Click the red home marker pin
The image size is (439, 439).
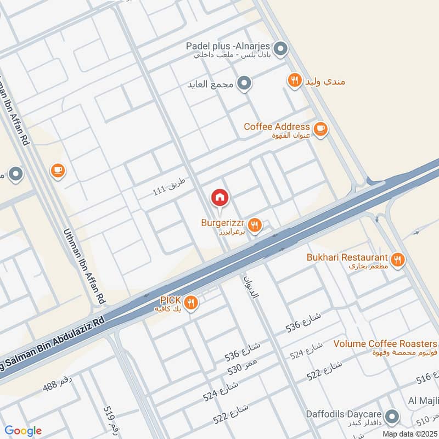(x=220, y=198)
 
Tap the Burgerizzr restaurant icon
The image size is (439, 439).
(x=254, y=224)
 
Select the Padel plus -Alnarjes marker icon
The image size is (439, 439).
(x=280, y=50)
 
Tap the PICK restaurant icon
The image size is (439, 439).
(x=190, y=303)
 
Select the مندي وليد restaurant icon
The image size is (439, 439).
(x=295, y=81)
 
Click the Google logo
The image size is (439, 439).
(x=23, y=431)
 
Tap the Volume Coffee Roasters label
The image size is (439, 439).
(x=386, y=344)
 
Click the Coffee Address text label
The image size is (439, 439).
(x=277, y=127)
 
